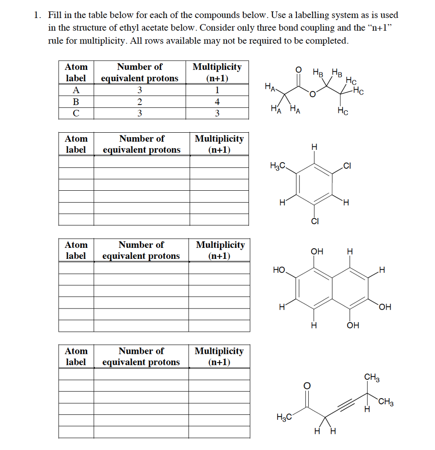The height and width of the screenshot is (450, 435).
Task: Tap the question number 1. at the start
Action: [x=38, y=15]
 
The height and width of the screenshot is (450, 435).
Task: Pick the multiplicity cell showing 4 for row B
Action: [x=217, y=102]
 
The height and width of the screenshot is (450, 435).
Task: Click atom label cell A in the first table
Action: [x=76, y=90]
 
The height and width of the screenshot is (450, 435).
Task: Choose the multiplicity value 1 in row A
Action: [x=217, y=90]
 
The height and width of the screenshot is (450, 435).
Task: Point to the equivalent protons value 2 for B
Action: [x=139, y=102]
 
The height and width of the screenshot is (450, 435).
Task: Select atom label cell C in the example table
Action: [x=76, y=113]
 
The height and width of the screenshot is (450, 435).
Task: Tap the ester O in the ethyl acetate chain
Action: [x=312, y=94]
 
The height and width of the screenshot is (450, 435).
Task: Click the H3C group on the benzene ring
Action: [x=278, y=166]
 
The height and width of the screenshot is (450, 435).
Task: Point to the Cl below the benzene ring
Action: [x=314, y=221]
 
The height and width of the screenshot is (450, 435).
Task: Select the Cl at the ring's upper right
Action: [x=347, y=166]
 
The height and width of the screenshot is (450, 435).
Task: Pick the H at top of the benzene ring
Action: [x=314, y=146]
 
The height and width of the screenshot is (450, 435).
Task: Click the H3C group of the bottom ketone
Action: [x=283, y=417]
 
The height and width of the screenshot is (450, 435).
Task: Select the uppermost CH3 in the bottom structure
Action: [x=372, y=377]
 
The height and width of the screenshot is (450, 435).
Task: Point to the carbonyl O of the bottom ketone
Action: [x=307, y=385]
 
